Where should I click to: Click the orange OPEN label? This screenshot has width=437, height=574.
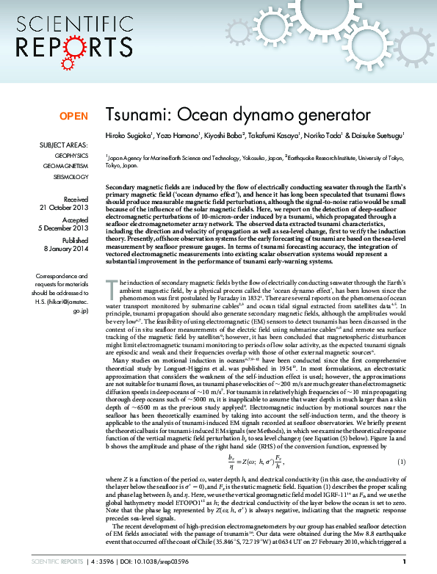pyautogui.click(x=73, y=116)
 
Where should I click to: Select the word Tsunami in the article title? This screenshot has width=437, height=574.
pyautogui.click(x=132, y=115)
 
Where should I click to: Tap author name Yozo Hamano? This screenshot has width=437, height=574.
pyautogui.click(x=176, y=136)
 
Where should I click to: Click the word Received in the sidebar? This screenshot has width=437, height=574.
pyautogui.click(x=76, y=199)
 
